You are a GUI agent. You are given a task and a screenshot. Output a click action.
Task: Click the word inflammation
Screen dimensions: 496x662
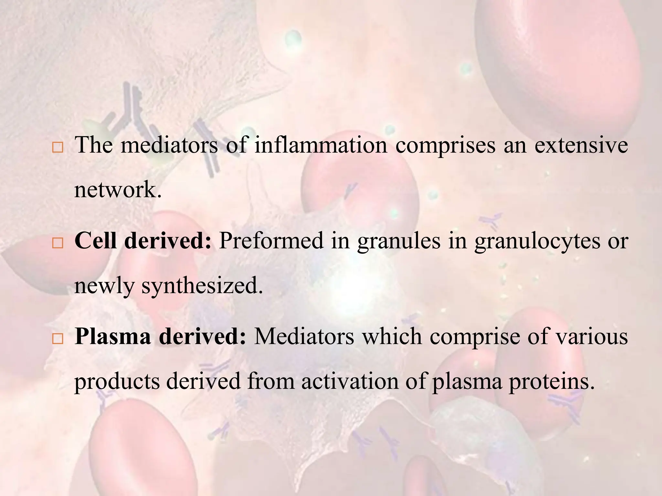click(321, 145)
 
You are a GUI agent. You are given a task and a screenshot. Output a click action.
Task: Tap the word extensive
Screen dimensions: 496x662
click(581, 145)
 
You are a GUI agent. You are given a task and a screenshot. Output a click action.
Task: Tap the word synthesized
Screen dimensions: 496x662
click(202, 286)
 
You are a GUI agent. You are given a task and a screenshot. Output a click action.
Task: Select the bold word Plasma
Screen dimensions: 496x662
click(112, 337)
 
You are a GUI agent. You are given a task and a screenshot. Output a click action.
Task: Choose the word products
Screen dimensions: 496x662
click(117, 382)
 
